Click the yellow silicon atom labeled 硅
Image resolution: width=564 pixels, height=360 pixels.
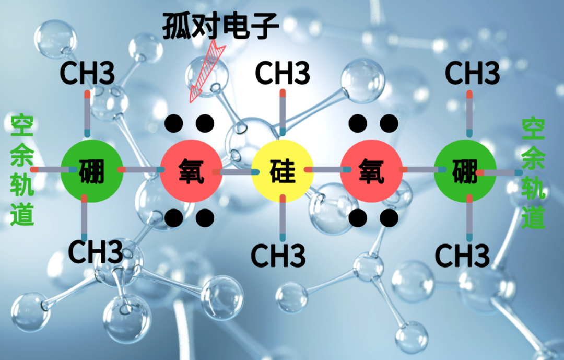point(282,171)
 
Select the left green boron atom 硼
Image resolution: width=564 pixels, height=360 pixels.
point(92,171)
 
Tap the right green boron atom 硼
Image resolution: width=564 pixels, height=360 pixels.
point(465,171)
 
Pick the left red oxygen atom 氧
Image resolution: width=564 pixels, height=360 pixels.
point(191,171)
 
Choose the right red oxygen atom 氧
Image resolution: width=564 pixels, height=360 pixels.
point(371,171)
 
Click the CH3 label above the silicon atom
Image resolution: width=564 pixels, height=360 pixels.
point(282,73)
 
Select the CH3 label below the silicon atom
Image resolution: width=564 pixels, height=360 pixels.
point(278,255)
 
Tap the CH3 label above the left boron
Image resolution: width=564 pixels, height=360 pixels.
point(87,73)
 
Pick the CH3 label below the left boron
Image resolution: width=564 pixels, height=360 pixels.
point(96,252)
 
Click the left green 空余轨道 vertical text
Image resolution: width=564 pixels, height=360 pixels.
point(22,170)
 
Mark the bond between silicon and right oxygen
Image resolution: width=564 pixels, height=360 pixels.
point(327,170)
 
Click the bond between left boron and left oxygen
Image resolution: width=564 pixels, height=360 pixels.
point(141,170)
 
